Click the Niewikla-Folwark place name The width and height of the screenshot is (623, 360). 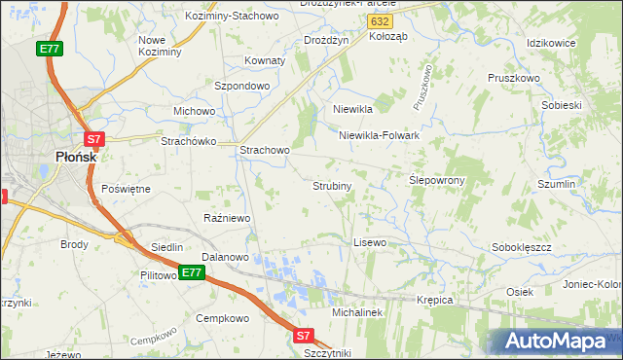[x=379, y=135]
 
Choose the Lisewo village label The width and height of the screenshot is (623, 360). [x=370, y=241]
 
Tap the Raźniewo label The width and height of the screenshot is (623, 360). [x=227, y=218]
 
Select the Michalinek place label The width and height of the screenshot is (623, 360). [x=360, y=313]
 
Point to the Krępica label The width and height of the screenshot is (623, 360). [x=435, y=300]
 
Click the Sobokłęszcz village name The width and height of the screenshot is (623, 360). [x=522, y=247]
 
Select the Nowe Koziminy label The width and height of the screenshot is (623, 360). [x=160, y=46]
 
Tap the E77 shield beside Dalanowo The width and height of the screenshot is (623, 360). [x=192, y=272]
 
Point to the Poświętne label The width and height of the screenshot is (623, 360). [x=126, y=189]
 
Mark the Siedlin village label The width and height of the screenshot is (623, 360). [x=165, y=247]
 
